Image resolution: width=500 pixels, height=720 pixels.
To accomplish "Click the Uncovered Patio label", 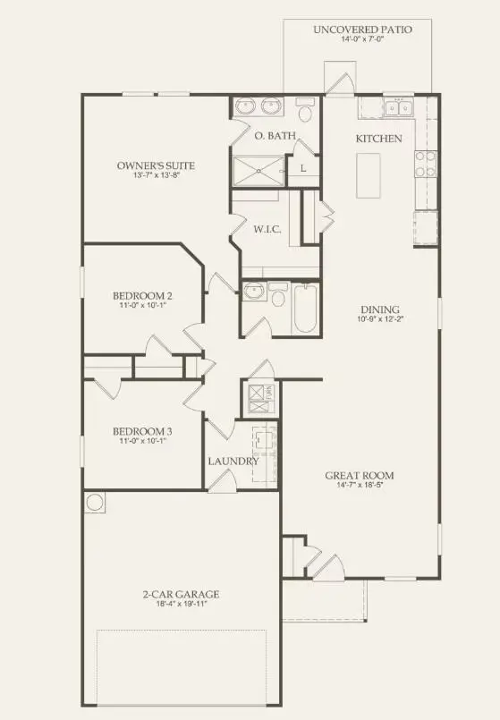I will tap(362, 30).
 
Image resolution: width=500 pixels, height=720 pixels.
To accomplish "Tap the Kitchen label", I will tap(379, 139).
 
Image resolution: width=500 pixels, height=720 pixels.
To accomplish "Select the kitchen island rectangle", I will tap(368, 175).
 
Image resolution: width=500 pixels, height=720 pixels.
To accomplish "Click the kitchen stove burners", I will tap(426, 165).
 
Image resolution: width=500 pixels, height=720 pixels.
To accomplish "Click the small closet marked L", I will tap(303, 168).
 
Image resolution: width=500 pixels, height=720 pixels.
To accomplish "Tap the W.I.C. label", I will tap(267, 230).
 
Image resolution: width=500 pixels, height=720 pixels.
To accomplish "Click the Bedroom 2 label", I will tap(142, 296).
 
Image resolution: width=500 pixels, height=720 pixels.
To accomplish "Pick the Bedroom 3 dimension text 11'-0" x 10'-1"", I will tap(142, 442).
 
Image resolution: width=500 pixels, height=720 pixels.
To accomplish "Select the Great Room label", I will tap(359, 475).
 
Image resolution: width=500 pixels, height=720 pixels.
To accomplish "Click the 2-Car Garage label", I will tap(182, 594).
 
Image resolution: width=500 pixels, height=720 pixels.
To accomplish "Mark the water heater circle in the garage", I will tap(95, 503).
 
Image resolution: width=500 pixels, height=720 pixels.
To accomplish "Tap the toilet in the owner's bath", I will tap(304, 112).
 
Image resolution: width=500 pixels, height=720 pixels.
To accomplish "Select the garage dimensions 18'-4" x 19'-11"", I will tap(182, 606).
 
